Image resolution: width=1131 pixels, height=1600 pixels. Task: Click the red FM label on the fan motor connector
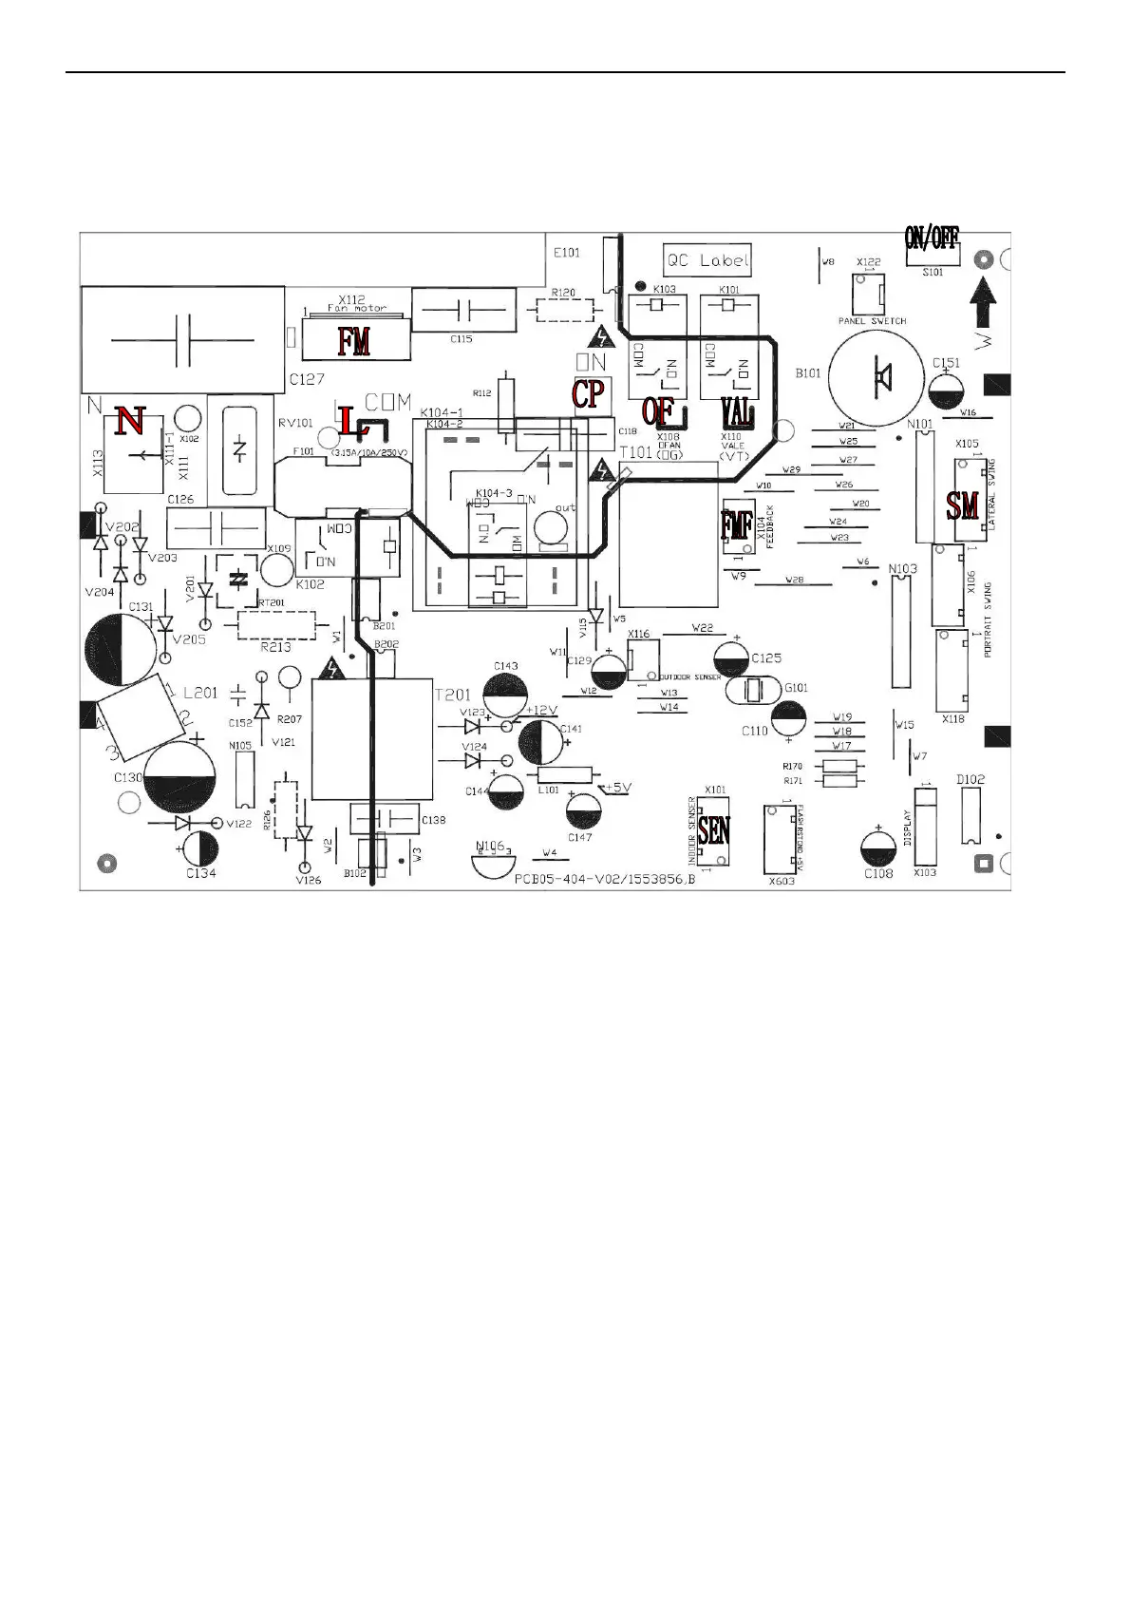coord(353,340)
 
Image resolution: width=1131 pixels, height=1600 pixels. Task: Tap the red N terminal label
coord(131,420)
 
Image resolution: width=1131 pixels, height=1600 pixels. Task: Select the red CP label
coord(588,393)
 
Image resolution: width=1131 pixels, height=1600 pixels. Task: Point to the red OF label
coord(657,411)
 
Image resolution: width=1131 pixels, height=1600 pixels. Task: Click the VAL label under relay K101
coord(737,412)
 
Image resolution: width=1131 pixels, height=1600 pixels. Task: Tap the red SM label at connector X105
coord(962,505)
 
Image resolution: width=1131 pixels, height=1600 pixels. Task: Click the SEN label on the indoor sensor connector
coord(714,830)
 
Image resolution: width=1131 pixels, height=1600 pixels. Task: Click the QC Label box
coord(707,259)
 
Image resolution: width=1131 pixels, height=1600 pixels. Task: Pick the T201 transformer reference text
coord(452,695)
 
